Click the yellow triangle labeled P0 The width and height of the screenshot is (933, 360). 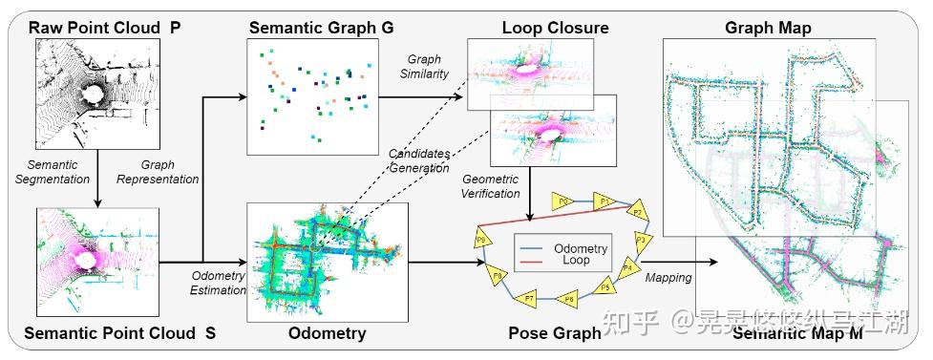564,201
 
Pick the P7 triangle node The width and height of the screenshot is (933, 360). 530,299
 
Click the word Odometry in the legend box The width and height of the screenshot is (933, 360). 580,248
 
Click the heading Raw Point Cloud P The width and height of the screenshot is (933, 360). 104,27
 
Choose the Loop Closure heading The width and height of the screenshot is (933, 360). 542,27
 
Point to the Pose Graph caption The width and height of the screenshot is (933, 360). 555,333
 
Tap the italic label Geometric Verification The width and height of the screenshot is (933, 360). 490,186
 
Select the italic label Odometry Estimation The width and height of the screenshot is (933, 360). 220,284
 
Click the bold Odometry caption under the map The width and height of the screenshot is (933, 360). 327,333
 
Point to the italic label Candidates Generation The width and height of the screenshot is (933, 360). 418,160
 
